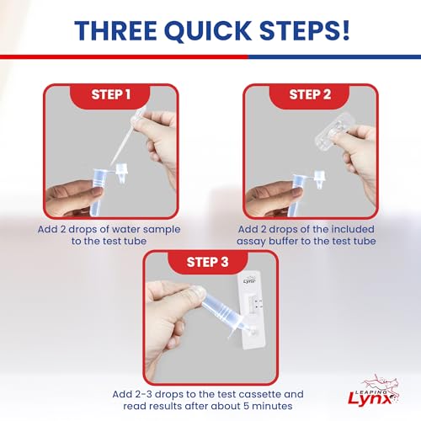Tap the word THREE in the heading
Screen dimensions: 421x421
coord(115,30)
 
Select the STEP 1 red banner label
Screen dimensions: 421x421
coord(111,94)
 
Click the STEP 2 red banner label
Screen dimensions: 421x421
coord(310,94)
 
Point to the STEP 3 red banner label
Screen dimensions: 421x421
coord(208,262)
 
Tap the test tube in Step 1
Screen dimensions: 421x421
coord(99,191)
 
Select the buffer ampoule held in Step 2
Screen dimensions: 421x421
coord(334,133)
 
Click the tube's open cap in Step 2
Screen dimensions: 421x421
coord(319,179)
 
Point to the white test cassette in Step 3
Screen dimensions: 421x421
coord(252,312)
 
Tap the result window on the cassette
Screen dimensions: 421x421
coord(253,305)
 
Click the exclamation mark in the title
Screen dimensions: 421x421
coord(345,30)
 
